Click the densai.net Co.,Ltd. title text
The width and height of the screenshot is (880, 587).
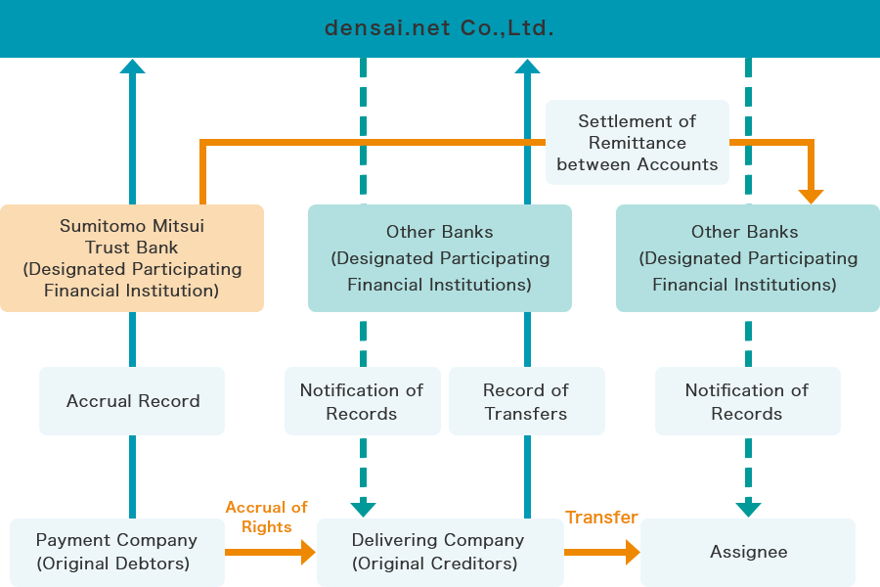[x=439, y=28]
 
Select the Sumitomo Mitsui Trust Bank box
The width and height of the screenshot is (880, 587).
[x=132, y=258]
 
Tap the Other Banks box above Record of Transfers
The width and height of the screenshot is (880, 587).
[x=440, y=258]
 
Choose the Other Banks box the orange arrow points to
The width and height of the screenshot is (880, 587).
[x=748, y=258]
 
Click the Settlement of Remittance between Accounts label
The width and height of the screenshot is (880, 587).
[x=638, y=143]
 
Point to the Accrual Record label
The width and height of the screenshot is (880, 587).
[x=132, y=401]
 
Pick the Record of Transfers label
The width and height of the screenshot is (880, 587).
[x=526, y=401]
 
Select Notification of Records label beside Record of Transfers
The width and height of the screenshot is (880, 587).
[x=362, y=401]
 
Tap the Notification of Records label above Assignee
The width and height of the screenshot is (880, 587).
[x=747, y=401]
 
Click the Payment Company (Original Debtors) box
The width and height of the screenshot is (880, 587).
[x=116, y=552]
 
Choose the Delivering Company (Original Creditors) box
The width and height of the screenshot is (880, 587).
[x=440, y=552]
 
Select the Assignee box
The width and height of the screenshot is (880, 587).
[x=748, y=552]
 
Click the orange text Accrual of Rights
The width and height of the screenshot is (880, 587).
[x=266, y=517]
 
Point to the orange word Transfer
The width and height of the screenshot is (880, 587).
[x=601, y=517]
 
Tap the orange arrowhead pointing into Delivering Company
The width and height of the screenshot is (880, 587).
[x=308, y=553]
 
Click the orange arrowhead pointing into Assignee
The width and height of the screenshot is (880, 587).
[x=632, y=553]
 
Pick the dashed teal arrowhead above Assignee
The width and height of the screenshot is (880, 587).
[x=748, y=509]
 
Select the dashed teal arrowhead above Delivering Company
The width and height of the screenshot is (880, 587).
[x=363, y=509]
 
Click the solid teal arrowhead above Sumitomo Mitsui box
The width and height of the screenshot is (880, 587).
[x=132, y=66]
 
